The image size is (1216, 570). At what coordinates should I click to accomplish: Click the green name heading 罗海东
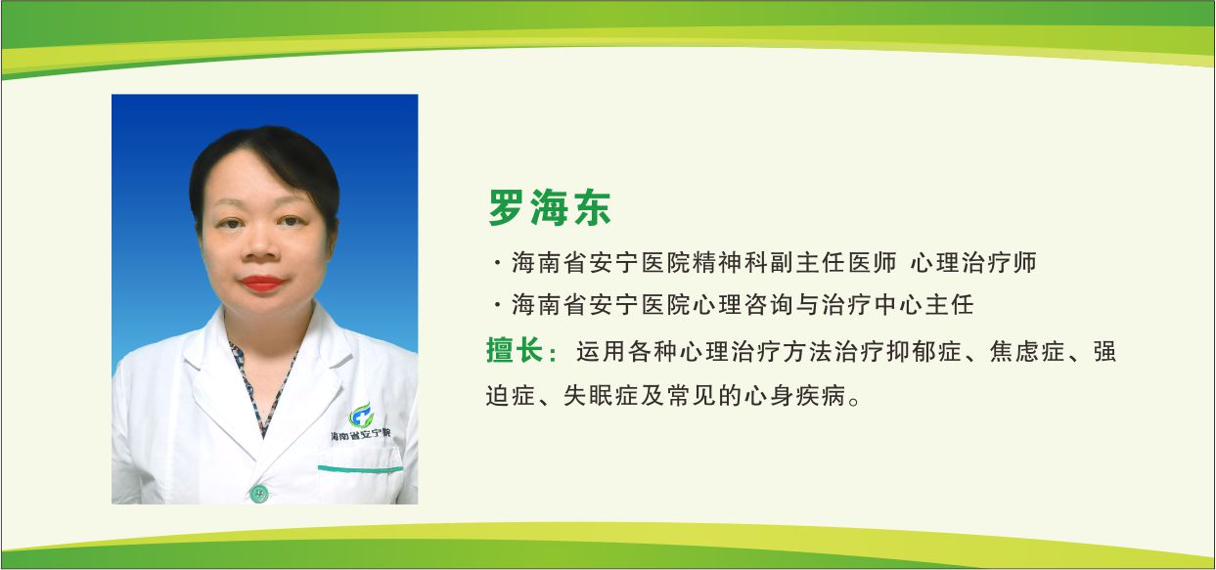click(550, 207)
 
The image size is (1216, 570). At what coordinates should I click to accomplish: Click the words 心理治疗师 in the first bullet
click(973, 263)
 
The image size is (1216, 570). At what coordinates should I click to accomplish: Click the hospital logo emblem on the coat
click(361, 415)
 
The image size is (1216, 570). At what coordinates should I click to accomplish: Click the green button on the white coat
click(258, 492)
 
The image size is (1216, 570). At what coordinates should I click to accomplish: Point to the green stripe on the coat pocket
click(359, 469)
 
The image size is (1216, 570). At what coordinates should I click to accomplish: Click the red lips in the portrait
click(261, 284)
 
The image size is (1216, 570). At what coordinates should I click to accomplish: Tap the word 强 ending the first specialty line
click(1104, 351)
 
